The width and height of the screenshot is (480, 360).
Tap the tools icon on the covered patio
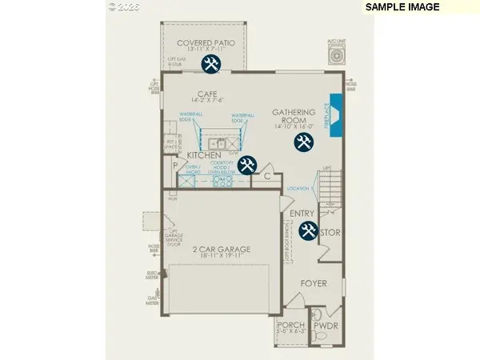(x=211, y=64)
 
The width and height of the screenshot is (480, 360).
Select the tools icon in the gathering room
(x=303, y=142)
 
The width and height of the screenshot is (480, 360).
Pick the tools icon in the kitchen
(x=247, y=164)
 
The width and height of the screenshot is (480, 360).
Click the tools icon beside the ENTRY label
(x=308, y=231)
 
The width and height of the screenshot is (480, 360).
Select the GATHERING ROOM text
(x=291, y=117)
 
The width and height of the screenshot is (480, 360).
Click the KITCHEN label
(x=204, y=154)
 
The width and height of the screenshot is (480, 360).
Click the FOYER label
(x=314, y=283)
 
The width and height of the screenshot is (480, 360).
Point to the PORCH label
(x=286, y=324)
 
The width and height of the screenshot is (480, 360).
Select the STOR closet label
(x=330, y=234)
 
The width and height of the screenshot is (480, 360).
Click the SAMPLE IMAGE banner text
(x=403, y=7)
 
